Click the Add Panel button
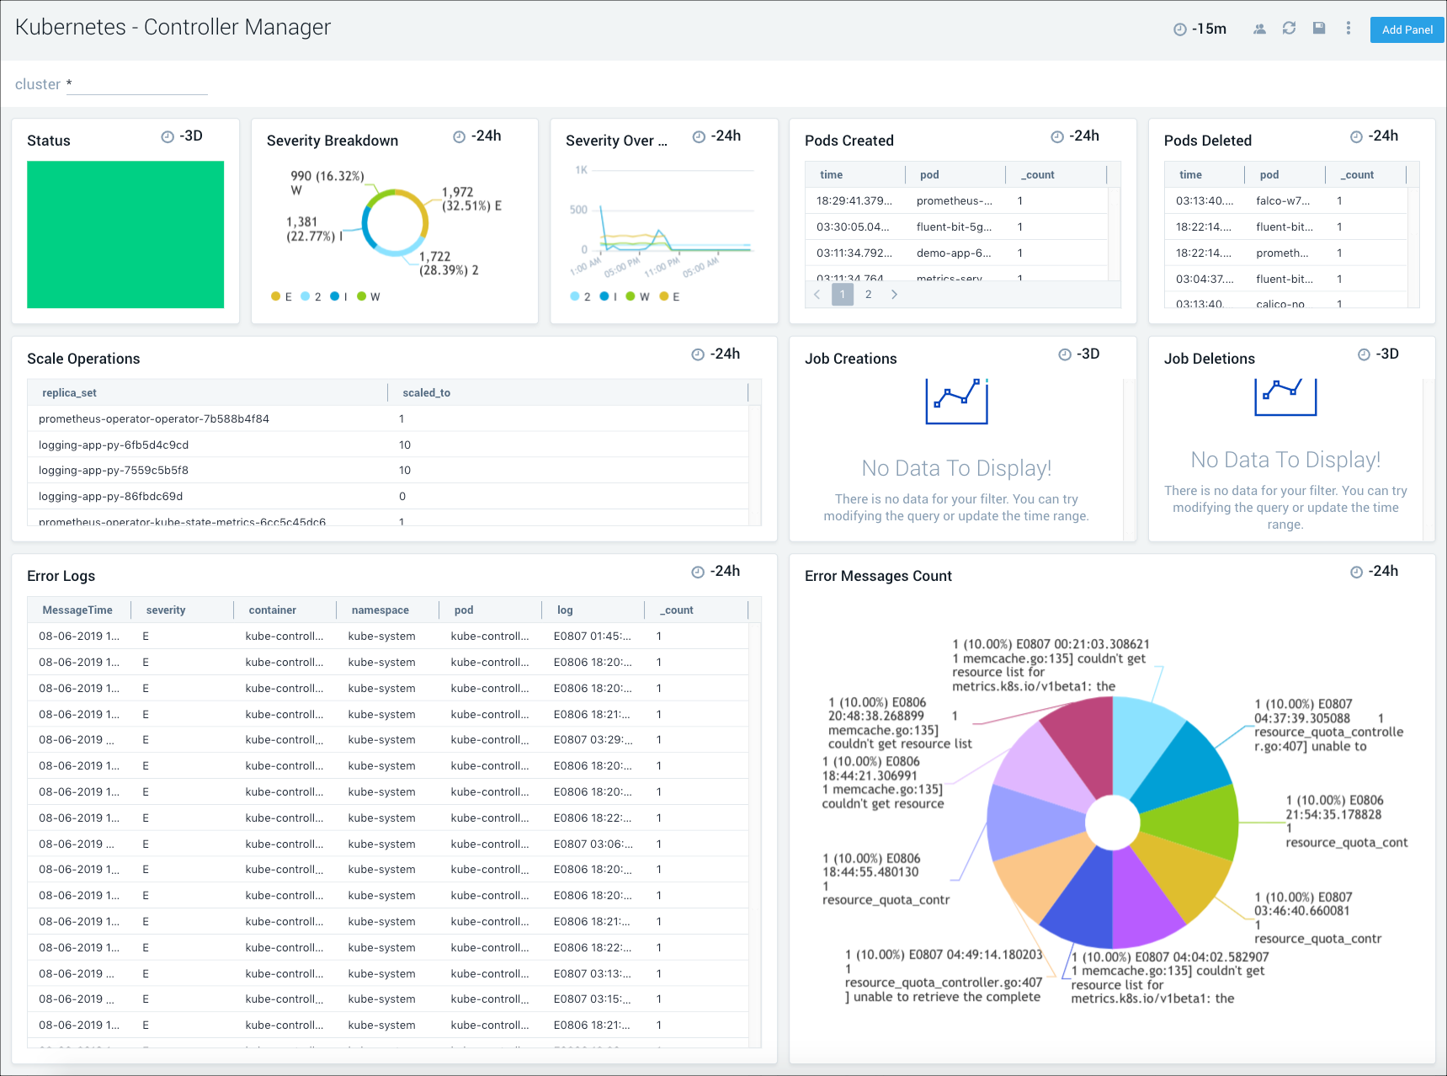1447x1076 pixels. [1407, 29]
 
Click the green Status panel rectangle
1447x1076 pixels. [125, 234]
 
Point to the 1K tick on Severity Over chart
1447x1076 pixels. [581, 170]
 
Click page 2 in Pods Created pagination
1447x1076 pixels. [869, 295]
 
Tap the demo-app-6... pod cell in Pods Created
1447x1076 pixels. [954, 253]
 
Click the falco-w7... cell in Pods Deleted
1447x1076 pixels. [1283, 200]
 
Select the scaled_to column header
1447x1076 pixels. [426, 392]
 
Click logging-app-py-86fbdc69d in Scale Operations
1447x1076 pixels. [110, 496]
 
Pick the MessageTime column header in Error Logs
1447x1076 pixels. [77, 610]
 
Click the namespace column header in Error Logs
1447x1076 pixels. [380, 610]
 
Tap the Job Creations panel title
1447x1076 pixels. [850, 359]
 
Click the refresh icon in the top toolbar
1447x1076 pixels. [1289, 29]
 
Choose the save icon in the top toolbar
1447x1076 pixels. [1319, 29]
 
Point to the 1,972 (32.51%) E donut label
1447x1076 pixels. [471, 199]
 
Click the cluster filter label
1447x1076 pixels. [38, 84]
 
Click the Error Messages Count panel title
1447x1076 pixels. [878, 576]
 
